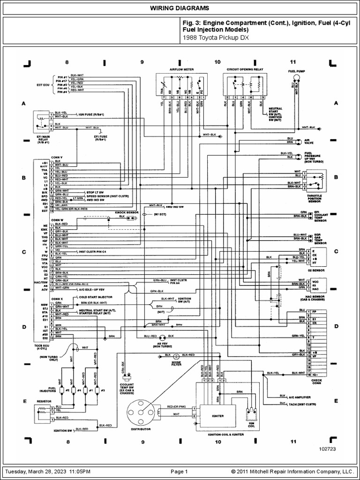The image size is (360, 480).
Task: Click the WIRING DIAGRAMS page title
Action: pyautogui.click(x=180, y=8)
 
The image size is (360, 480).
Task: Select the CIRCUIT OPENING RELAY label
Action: pyautogui.click(x=245, y=69)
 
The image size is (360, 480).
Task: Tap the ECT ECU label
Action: pyautogui.click(x=42, y=84)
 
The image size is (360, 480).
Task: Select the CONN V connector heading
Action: pyautogui.click(x=57, y=157)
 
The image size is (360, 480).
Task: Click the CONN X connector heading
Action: pyautogui.click(x=57, y=299)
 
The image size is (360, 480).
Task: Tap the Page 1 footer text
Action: pyautogui.click(x=180, y=471)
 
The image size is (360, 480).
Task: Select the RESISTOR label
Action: pyautogui.click(x=44, y=401)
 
